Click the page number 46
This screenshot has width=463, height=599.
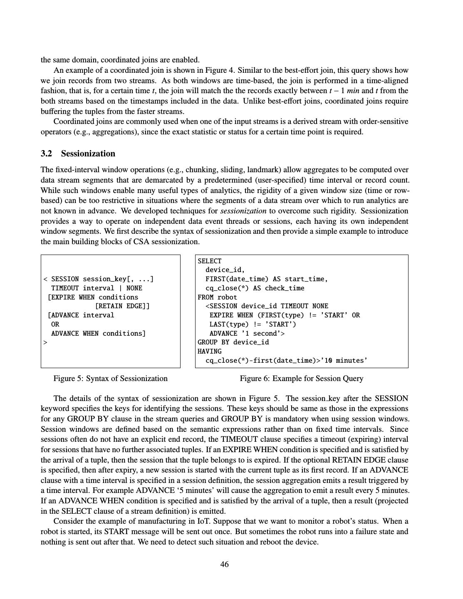point(224,564)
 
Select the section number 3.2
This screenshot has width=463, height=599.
point(47,153)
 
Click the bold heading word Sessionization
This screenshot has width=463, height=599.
point(88,153)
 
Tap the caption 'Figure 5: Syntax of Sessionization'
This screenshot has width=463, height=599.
point(110,379)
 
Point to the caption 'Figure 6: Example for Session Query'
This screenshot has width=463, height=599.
point(301,379)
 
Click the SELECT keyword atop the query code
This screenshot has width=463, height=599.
point(210,261)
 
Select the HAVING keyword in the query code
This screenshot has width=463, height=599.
point(210,351)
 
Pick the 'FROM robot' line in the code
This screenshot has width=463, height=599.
point(217,297)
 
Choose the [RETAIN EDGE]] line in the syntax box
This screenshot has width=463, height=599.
point(122,306)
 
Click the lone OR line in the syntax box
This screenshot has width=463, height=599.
point(55,324)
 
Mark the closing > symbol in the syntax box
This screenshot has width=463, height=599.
point(45,342)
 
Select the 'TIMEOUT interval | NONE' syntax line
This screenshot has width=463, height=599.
point(97,288)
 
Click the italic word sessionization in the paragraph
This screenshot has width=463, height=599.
point(243,211)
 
